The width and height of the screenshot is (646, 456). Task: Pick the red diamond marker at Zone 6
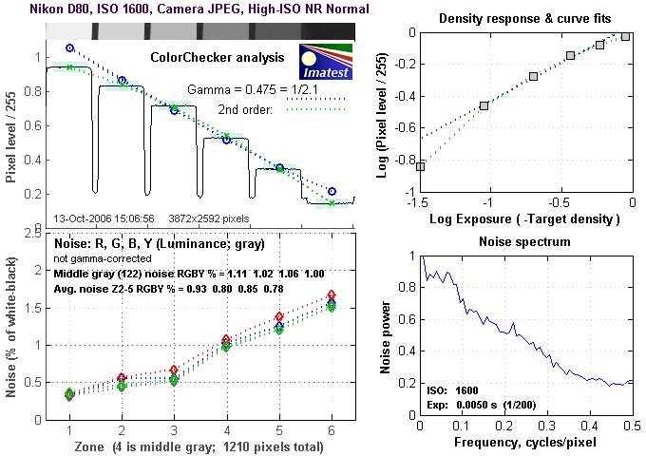[331, 295]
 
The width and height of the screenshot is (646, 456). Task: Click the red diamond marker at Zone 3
[174, 370]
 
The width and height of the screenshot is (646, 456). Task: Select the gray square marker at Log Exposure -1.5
[420, 166]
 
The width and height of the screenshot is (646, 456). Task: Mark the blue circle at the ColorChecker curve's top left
[69, 47]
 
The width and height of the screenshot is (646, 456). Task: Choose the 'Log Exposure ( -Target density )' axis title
[525, 219]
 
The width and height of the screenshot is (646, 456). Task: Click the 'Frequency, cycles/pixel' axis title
[525, 443]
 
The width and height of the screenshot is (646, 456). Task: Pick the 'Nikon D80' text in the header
[35, 9]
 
